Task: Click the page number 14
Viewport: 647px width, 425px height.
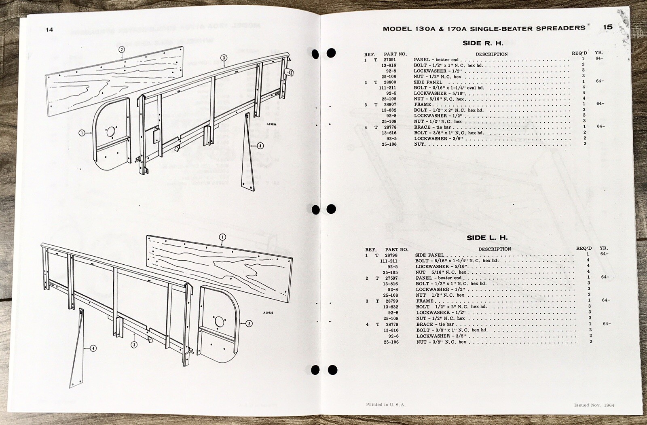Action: [x=49, y=29]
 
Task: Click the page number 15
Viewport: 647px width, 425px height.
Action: [x=608, y=27]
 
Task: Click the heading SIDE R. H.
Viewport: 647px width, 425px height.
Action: [x=483, y=43]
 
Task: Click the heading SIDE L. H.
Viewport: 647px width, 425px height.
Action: [x=487, y=238]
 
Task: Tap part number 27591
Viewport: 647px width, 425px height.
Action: [x=389, y=59]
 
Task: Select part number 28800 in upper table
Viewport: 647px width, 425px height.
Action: [x=390, y=82]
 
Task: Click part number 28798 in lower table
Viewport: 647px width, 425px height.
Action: [x=391, y=255]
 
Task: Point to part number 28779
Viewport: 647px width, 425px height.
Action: [x=391, y=324]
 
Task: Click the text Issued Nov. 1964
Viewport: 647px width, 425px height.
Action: [x=594, y=405]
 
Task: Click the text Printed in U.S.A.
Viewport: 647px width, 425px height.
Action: [x=385, y=404]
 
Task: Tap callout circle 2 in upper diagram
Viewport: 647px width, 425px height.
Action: [x=121, y=50]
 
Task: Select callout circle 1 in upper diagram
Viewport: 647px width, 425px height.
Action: [x=82, y=132]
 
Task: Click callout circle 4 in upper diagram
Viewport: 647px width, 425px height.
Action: [x=260, y=146]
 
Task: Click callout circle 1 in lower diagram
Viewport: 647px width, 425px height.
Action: [x=222, y=237]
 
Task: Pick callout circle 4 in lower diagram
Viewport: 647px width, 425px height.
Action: [x=93, y=348]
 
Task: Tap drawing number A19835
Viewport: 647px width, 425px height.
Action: [x=269, y=313]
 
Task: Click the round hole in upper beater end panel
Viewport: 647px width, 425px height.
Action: [x=111, y=132]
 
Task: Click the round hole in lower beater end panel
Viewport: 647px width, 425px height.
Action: [x=219, y=322]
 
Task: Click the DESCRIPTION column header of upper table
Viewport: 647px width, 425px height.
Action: [x=491, y=54]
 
